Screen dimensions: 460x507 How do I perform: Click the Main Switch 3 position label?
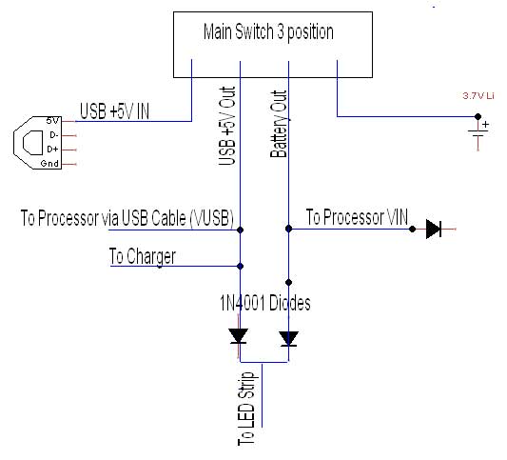(268, 31)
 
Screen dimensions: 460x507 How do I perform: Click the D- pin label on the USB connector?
(52, 135)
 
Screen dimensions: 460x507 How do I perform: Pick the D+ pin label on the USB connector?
(52, 150)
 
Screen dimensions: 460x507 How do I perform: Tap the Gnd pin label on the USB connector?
(51, 164)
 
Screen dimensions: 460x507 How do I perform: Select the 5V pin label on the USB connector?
(53, 121)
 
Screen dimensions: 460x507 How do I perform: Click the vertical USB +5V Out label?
(227, 125)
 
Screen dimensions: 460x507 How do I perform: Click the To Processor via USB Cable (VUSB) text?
(127, 218)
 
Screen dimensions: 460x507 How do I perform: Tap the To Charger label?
(142, 255)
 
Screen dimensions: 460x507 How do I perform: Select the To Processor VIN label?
(357, 218)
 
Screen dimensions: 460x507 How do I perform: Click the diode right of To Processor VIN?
(434, 229)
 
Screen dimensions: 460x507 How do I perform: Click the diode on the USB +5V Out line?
(239, 336)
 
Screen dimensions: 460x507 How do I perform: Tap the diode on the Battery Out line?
(288, 338)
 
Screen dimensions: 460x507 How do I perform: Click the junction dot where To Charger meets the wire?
(240, 266)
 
